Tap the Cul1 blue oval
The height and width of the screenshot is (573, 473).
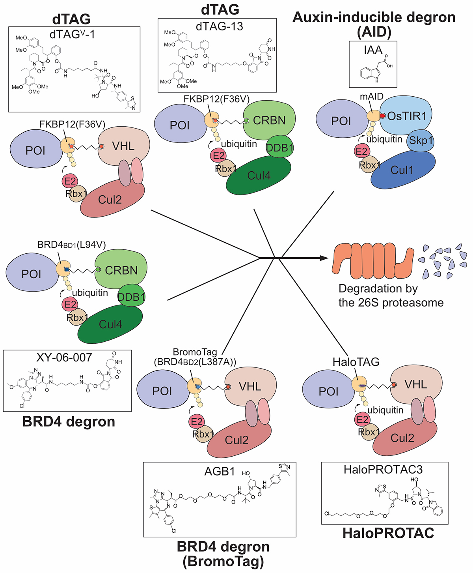click(402, 170)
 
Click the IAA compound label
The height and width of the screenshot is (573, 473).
click(373, 50)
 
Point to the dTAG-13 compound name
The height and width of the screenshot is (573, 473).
click(220, 26)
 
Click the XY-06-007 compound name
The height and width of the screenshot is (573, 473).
click(64, 358)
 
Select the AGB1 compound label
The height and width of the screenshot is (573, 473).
click(220, 471)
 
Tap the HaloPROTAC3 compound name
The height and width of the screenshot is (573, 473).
click(383, 469)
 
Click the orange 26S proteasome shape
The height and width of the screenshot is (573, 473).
click(372, 259)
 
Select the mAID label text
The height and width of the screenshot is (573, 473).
click(371, 97)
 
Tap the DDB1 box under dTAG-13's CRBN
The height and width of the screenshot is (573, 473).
click(279, 148)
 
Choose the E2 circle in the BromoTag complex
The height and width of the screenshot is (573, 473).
click(196, 422)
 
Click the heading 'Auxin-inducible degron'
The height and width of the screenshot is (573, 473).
click(374, 17)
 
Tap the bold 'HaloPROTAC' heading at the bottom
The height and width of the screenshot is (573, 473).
click(388, 533)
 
